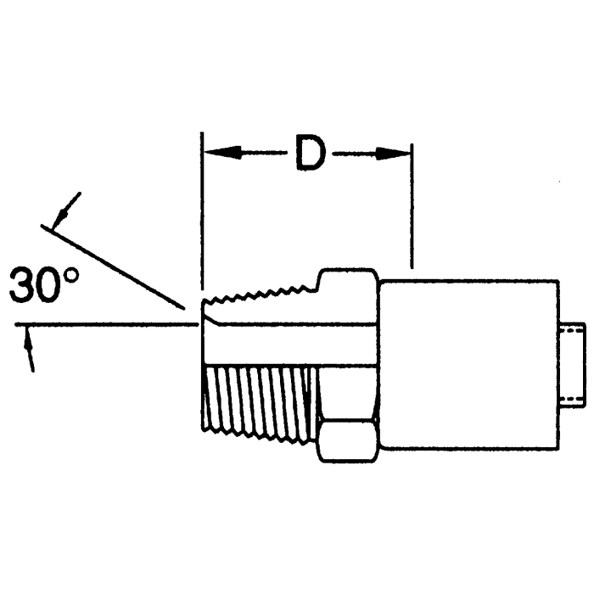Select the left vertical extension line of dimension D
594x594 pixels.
201,212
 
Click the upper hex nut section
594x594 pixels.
348,289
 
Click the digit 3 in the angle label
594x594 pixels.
25,287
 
